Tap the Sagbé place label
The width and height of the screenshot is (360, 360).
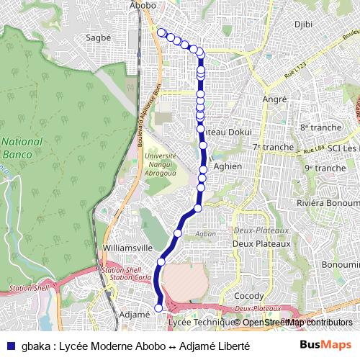(x=98, y=37)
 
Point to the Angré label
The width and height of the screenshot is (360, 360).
(x=275, y=99)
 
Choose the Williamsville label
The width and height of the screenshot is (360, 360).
(x=128, y=247)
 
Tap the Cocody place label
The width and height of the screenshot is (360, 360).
(x=249, y=297)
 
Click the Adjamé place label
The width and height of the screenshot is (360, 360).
(x=133, y=314)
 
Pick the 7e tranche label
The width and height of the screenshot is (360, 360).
(x=273, y=147)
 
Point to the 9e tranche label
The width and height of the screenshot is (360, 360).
(x=325, y=168)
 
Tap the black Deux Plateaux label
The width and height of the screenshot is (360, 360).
(x=261, y=243)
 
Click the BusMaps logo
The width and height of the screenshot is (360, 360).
(x=325, y=345)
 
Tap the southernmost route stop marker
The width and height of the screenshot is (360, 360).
(x=159, y=308)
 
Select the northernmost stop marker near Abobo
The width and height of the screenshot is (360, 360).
(x=161, y=32)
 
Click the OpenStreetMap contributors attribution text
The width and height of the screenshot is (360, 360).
(x=297, y=323)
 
